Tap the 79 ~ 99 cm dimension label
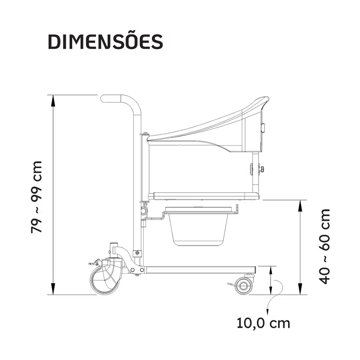pyautogui.click(x=37, y=197)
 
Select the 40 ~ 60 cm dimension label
pyautogui.click(x=325, y=247)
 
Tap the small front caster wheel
pyautogui.click(x=243, y=286)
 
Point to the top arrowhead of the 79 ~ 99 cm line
pyautogui.click(x=53, y=100)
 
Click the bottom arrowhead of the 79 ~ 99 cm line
pyautogui.click(x=53, y=289)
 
